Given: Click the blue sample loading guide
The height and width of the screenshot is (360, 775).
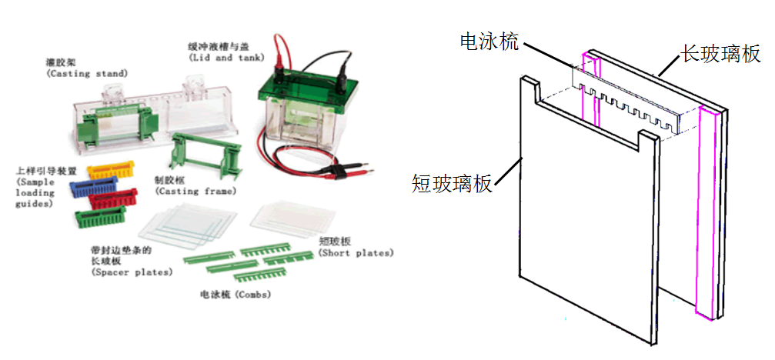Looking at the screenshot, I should (x=92, y=186).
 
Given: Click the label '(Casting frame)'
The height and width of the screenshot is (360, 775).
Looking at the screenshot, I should (x=195, y=190).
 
